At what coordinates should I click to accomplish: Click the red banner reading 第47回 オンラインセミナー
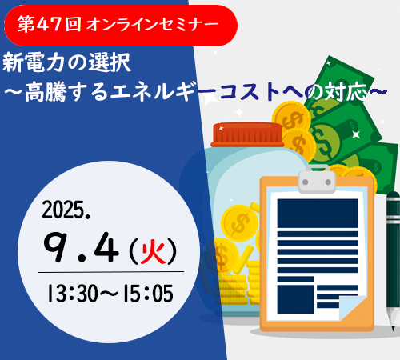[x=121, y=26]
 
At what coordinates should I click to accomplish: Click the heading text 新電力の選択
[x=66, y=63]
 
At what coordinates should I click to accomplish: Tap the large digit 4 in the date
[x=106, y=247]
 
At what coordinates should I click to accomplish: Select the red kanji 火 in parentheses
[x=153, y=250]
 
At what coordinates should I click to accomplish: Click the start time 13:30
[x=73, y=294]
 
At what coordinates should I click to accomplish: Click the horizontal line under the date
[x=111, y=272]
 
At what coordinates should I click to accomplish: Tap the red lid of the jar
[x=247, y=135]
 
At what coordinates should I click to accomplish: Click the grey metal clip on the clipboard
[x=317, y=179]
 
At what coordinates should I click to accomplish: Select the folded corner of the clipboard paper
[x=351, y=307]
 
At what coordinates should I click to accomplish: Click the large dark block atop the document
[x=318, y=214]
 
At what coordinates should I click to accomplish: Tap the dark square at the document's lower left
[x=295, y=299]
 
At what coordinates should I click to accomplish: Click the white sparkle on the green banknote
[x=356, y=134]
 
